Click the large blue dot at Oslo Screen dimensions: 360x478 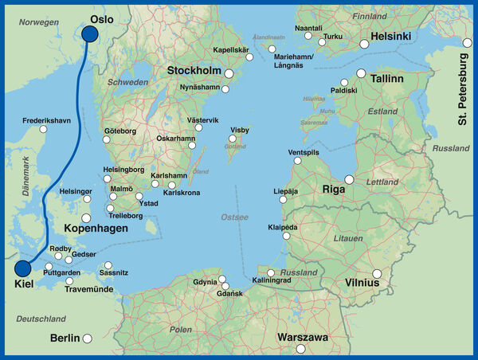coord(89,33)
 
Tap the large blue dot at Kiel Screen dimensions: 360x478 coord(22,270)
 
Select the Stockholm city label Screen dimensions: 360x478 coord(194,71)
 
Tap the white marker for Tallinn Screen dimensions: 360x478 coord(361,73)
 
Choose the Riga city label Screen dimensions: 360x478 coord(332,190)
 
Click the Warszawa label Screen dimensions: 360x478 coord(302,338)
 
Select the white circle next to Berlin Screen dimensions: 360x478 coord(88,338)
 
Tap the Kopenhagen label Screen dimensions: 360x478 coord(96,229)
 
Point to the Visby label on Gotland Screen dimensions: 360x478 coord(239,129)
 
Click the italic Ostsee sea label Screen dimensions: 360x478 coord(234,217)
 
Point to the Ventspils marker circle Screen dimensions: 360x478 coord(298,160)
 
